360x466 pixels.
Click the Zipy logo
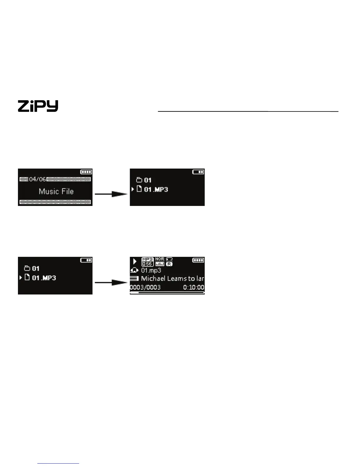(38, 106)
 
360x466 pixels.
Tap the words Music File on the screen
(56, 192)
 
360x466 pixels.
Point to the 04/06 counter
(38, 179)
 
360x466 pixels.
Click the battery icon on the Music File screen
(86, 172)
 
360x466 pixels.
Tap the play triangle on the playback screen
(135, 261)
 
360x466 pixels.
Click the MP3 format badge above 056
(147, 259)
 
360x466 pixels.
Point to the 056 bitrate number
(147, 264)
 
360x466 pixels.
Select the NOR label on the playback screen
(160, 259)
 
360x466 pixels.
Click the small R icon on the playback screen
(169, 264)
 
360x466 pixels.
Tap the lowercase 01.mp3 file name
(151, 270)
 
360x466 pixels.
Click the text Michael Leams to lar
(172, 279)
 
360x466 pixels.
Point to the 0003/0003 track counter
(145, 287)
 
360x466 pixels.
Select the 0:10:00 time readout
(194, 287)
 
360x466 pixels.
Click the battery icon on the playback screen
(198, 260)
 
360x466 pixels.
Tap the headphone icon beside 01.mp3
(134, 270)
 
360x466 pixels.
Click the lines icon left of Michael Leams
(134, 279)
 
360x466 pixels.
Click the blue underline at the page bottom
(58, 463)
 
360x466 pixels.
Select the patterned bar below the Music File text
(55, 202)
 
